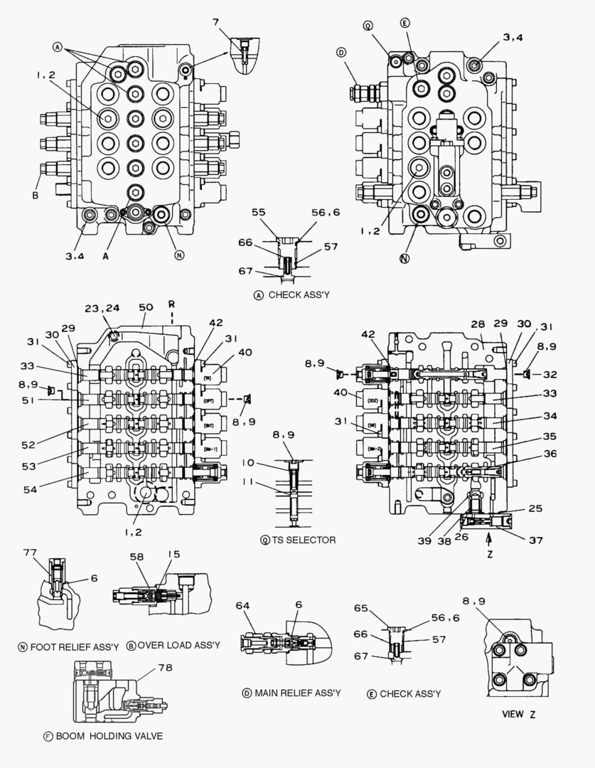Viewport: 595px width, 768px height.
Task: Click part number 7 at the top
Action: tap(215, 23)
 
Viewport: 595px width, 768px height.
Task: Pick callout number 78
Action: tap(166, 667)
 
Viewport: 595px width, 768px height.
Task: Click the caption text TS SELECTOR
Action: tap(303, 540)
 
